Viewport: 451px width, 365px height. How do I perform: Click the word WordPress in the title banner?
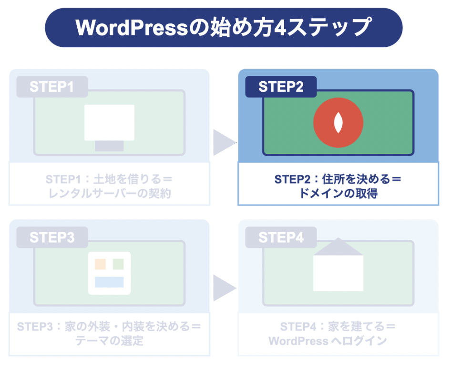(132, 28)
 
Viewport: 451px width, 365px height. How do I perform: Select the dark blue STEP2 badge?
(281, 87)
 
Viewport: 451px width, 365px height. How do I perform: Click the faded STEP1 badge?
(52, 87)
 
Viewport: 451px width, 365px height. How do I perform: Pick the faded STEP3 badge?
(52, 237)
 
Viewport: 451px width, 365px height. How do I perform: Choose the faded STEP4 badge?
(281, 237)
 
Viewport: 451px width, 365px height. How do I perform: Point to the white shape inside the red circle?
(338, 122)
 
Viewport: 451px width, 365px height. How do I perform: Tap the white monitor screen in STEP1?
(109, 122)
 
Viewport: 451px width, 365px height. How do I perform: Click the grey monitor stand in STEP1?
(109, 146)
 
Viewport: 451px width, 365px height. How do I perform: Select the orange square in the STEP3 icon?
(101, 264)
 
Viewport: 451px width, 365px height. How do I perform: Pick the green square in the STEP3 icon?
(118, 264)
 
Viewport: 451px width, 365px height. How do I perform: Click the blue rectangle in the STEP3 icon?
(109, 282)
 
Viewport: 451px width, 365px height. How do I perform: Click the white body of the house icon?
(338, 273)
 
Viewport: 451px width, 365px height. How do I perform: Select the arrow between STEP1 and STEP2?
(223, 142)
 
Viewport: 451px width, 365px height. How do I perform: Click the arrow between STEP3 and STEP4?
(223, 288)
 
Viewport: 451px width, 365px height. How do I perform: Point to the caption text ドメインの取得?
(338, 193)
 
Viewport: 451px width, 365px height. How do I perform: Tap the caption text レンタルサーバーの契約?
(109, 193)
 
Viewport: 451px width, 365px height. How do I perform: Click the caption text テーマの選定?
(109, 341)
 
